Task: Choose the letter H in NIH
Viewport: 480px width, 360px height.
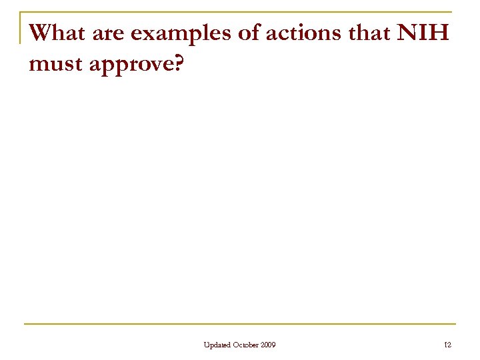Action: click(443, 32)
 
